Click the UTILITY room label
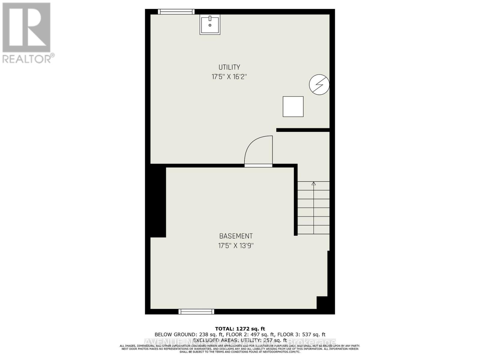[229, 67]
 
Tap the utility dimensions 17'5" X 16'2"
[229, 77]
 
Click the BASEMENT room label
[236, 236]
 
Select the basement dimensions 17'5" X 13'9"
[236, 246]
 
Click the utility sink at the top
[210, 25]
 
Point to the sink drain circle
[210, 25]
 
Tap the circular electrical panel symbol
[319, 85]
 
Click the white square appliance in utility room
[293, 106]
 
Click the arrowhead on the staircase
[313, 183]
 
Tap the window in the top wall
[176, 12]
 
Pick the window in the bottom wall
[196, 312]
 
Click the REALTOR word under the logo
[27, 58]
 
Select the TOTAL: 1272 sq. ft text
[240, 329]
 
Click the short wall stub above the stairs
[303, 130]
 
